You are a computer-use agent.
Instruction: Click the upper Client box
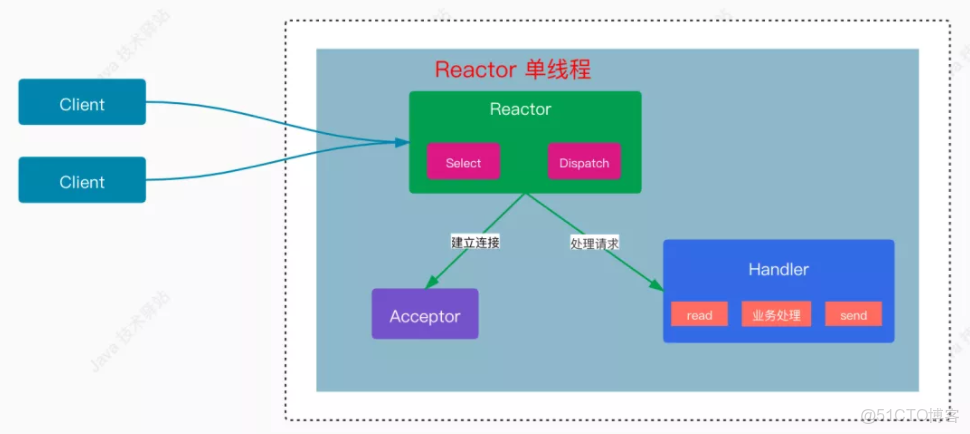tap(82, 102)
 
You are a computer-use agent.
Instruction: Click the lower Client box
tap(82, 180)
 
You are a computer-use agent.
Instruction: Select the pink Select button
tap(463, 162)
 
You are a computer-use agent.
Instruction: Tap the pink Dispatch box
tap(584, 162)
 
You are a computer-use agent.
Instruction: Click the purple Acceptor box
tap(425, 315)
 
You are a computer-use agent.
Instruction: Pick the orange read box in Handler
tap(699, 314)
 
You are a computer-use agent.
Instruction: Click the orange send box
tap(853, 314)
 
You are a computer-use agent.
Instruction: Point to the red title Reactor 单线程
tap(512, 70)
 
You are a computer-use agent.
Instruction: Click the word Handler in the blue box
tap(778, 269)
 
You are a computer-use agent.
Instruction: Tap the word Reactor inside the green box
tap(520, 109)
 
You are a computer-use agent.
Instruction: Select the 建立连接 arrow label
tap(475, 241)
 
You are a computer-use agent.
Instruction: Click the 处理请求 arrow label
tap(594, 242)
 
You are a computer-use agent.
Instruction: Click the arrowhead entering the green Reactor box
tap(402, 142)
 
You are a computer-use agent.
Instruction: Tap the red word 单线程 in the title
tap(557, 70)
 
